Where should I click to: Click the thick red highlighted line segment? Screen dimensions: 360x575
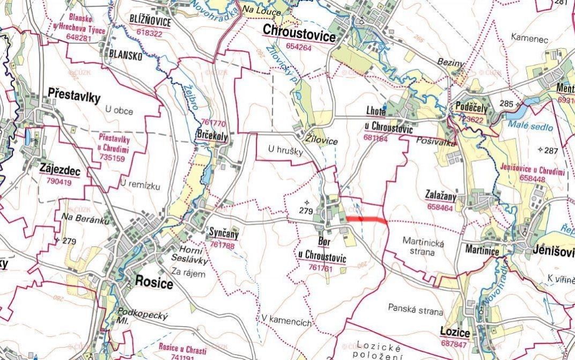point(366,219)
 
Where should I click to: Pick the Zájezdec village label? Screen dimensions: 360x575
point(60,170)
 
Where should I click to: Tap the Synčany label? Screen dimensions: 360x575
point(224,234)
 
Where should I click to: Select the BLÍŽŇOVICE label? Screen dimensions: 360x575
point(150,22)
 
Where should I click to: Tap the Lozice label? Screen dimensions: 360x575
point(455,333)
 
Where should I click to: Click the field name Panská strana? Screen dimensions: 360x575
point(416,311)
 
